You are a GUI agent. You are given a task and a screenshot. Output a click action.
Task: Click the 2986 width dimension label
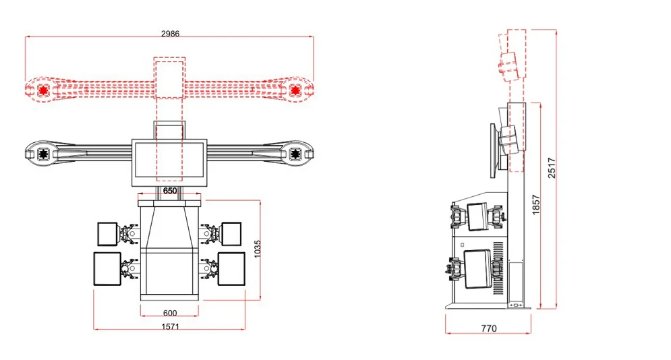[x=170, y=33]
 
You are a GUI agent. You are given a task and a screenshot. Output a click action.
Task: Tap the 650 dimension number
[x=170, y=191]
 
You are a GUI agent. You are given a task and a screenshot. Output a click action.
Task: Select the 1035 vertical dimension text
[x=257, y=249]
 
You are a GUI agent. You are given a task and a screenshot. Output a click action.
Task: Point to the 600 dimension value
[x=170, y=313]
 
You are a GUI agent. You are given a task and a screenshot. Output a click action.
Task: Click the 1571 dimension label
[x=170, y=327]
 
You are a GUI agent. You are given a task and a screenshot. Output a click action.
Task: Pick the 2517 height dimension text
[x=552, y=168]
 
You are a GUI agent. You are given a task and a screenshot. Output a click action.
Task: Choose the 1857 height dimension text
[x=535, y=205]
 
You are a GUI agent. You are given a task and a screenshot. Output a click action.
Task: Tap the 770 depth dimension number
[x=489, y=328]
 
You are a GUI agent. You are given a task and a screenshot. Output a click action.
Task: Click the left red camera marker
[x=42, y=90]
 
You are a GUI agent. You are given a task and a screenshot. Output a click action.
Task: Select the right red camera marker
[x=295, y=90]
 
